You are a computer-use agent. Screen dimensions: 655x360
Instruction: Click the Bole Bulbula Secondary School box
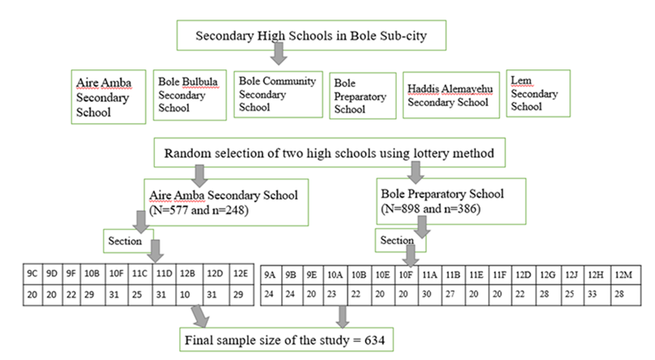(x=190, y=95)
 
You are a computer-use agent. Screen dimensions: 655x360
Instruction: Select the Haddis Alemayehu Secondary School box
(x=451, y=95)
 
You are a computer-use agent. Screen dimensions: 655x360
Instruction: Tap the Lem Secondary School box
(x=538, y=94)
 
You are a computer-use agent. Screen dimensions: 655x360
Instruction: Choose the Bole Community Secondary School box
(x=278, y=94)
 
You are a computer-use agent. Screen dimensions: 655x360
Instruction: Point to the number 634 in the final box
(x=374, y=340)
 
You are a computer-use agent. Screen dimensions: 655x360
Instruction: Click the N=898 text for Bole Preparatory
(x=400, y=209)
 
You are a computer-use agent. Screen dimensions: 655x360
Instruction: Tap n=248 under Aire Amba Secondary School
(x=230, y=209)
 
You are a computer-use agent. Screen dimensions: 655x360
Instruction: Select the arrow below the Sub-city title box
(x=279, y=54)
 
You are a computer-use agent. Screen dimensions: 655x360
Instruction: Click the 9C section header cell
(x=32, y=274)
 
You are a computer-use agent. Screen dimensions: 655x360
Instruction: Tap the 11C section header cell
(x=139, y=274)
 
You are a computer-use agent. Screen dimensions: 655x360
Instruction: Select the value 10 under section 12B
(x=185, y=295)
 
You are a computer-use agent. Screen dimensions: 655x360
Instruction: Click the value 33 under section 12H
(x=592, y=294)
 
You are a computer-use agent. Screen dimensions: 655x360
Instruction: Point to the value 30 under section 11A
(x=427, y=294)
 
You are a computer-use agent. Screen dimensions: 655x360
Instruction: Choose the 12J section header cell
(x=572, y=274)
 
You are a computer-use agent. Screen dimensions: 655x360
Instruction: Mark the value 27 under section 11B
(x=450, y=294)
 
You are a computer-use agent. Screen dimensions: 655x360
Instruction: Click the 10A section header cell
(x=335, y=274)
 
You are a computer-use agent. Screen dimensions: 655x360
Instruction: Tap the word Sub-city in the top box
(x=403, y=36)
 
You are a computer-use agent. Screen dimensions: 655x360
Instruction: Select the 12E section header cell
(x=241, y=274)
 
